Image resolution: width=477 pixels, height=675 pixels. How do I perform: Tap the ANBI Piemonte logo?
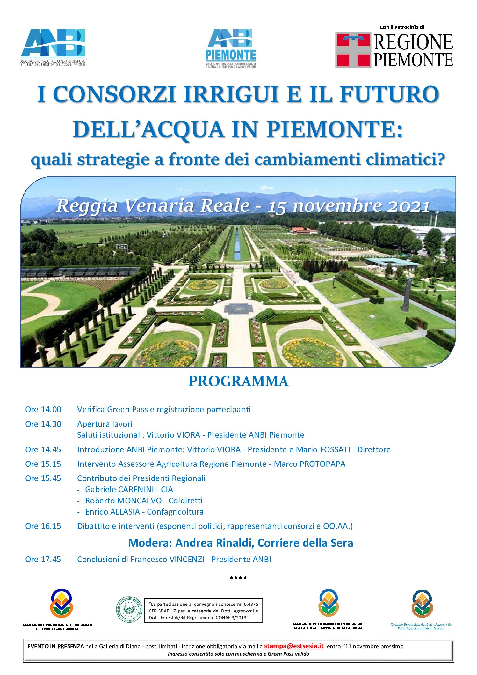(231, 48)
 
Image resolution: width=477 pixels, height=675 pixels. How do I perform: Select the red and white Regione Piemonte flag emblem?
(353, 50)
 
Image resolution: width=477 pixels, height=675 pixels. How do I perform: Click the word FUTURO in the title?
(389, 94)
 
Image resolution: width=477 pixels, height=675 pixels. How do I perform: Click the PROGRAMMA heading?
(238, 381)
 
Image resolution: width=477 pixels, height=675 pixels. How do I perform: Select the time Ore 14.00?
(43, 409)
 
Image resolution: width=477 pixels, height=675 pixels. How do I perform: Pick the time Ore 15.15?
(43, 464)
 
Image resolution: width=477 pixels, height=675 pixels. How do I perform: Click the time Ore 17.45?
(43, 559)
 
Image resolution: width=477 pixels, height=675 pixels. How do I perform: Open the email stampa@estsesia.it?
(293, 646)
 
